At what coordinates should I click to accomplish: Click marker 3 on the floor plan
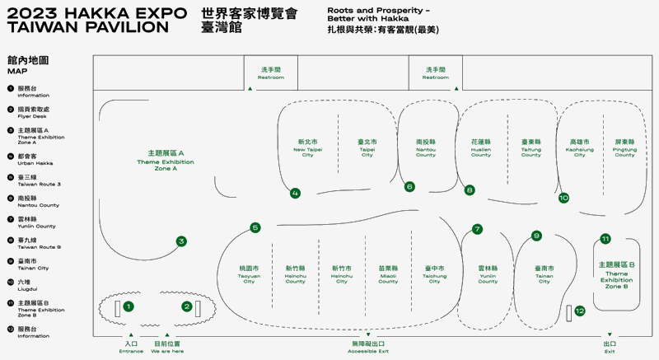181,241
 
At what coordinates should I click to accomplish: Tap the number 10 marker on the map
563,198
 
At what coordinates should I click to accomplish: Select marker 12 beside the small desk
580,311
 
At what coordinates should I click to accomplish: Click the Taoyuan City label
249,274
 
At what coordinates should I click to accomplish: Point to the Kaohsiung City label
579,148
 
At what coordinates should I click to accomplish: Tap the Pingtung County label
624,148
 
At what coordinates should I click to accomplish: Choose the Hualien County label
481,148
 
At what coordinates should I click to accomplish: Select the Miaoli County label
388,274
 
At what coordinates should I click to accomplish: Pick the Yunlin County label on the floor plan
488,274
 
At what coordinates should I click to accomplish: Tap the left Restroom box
271,73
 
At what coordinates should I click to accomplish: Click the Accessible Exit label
367,347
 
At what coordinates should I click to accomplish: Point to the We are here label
167,347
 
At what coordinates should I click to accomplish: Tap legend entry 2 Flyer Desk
33,111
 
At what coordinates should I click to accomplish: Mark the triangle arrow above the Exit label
610,334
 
